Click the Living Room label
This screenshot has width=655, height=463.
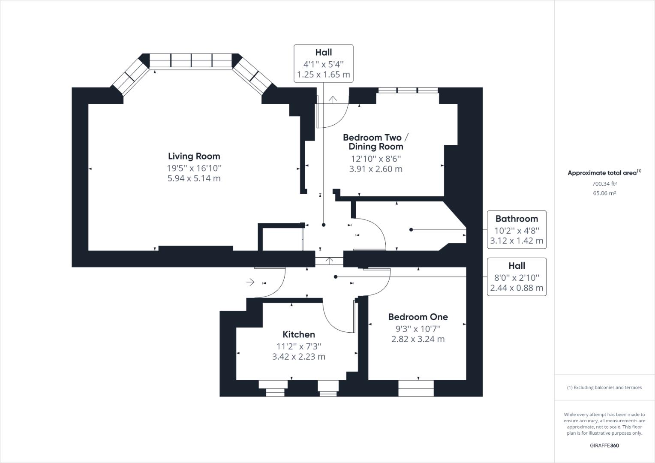[x=194, y=156]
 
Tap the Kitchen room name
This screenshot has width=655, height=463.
[x=299, y=334]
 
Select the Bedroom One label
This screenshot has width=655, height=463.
[x=418, y=317]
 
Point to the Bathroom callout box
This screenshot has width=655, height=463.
[x=517, y=229]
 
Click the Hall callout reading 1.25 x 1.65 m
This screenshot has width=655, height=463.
[x=324, y=63]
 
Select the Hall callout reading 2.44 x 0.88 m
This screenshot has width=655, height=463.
[x=517, y=277]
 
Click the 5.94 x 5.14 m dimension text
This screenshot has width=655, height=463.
[x=194, y=178]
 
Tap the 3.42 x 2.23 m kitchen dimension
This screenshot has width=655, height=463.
[x=299, y=357]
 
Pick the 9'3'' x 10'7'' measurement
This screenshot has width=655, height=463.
[x=418, y=328]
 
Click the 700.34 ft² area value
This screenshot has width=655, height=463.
[x=604, y=183]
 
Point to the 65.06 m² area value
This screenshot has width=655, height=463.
[x=604, y=193]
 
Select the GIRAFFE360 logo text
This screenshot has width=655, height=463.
[x=604, y=445]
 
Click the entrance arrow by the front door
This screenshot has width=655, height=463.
[x=250, y=282]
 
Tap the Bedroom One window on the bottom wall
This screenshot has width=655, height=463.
[x=416, y=388]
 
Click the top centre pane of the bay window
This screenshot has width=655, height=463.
[x=191, y=60]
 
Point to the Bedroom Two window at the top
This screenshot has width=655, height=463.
[x=408, y=90]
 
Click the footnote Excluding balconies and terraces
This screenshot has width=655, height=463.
[x=604, y=388]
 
